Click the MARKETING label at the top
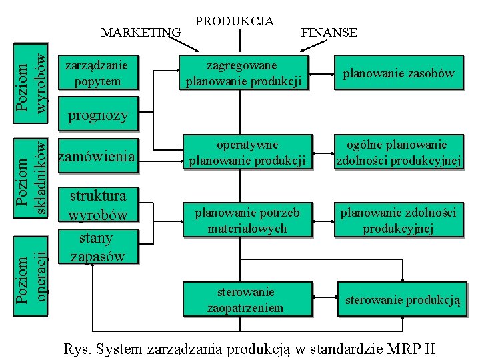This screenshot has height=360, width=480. point(141,32)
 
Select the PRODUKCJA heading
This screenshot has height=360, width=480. point(234,21)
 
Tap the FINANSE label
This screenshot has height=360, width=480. point(329,32)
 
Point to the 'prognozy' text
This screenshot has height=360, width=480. point(98,115)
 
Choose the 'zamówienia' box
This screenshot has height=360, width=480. point(98,157)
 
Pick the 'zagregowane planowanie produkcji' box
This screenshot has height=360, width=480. point(245,73)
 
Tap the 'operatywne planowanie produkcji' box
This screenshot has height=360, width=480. point(247,153)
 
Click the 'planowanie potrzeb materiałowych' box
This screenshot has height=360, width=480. point(247,220)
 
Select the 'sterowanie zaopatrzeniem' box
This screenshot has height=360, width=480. point(245,299)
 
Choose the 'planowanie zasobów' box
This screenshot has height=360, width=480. point(399,73)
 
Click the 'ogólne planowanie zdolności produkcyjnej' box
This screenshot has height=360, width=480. point(399,153)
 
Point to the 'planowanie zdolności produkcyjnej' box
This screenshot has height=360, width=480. point(399,220)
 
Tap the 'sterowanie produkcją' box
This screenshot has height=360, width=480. point(403,300)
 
